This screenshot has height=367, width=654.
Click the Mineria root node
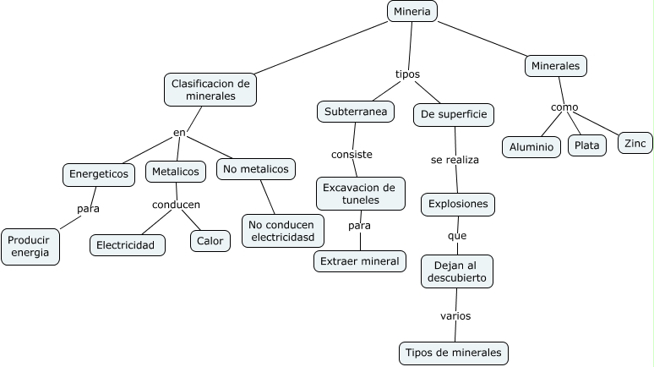click(x=412, y=11)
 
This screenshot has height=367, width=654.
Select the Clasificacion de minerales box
click(x=210, y=90)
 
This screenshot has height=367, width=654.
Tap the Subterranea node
click(x=356, y=112)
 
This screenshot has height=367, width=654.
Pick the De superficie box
click(x=454, y=114)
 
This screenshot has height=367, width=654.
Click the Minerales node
click(x=555, y=65)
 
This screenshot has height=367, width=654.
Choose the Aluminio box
click(x=531, y=146)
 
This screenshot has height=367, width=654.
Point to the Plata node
click(x=586, y=145)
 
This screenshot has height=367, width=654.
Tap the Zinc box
click(x=635, y=143)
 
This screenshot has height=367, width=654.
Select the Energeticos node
click(x=99, y=174)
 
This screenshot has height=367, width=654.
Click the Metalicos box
click(x=176, y=172)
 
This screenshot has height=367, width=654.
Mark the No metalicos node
click(x=255, y=169)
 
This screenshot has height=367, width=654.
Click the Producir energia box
click(x=30, y=246)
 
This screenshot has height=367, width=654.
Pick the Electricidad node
click(x=127, y=245)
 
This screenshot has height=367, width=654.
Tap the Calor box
click(x=210, y=241)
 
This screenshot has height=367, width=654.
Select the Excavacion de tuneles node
click(x=360, y=194)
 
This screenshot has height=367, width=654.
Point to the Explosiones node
click(x=458, y=204)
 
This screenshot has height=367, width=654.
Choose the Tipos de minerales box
click(x=454, y=353)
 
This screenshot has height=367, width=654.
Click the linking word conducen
click(x=176, y=205)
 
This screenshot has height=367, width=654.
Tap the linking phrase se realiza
click(x=455, y=159)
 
